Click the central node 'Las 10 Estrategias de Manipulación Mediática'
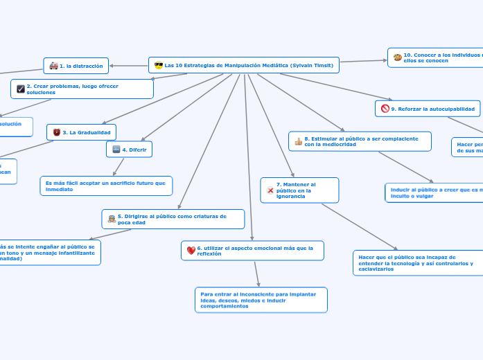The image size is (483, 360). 244,65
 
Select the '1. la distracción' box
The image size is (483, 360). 76,66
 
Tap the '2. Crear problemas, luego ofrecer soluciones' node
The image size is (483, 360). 82,89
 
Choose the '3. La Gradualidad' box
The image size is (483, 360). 81,132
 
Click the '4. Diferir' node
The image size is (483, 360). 129,149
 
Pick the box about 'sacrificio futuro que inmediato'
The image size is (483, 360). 106,186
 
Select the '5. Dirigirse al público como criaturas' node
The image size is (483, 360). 173,219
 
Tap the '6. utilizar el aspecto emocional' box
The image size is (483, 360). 252,251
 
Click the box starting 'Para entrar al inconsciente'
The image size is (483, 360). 260,300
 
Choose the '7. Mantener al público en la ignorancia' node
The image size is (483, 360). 299,190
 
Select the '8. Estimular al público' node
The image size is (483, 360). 360,141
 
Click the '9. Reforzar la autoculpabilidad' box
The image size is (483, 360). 428,109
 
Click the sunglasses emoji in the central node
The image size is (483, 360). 158,65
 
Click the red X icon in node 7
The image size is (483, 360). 270,190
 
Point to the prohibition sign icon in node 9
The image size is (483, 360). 385,109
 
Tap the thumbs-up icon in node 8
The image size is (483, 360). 298,142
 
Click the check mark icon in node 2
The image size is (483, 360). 20,89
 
